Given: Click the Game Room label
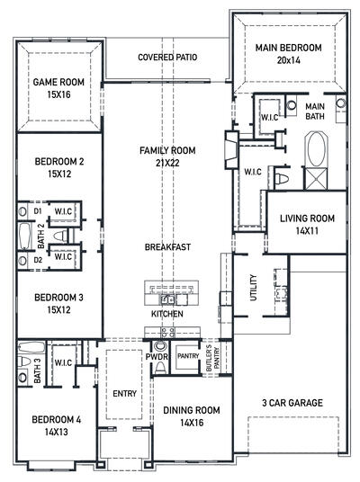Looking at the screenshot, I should [x=58, y=87].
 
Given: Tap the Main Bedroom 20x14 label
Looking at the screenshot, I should [x=287, y=54].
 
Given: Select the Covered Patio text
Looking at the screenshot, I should [x=167, y=58].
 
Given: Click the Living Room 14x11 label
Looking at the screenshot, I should [x=307, y=224].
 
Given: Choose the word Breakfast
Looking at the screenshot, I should [x=167, y=246].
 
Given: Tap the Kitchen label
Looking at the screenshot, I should [x=166, y=315].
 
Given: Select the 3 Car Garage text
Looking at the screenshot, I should [x=292, y=403].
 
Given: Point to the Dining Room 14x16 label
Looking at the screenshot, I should [x=191, y=416].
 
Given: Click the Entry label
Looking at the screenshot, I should [x=123, y=393].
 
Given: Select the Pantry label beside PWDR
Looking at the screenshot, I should [x=187, y=357].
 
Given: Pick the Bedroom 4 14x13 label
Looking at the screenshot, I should [x=57, y=425].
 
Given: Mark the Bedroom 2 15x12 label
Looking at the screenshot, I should [x=59, y=167].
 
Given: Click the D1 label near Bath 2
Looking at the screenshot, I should [x=38, y=211].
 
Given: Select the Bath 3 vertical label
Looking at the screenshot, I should [x=38, y=370].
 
